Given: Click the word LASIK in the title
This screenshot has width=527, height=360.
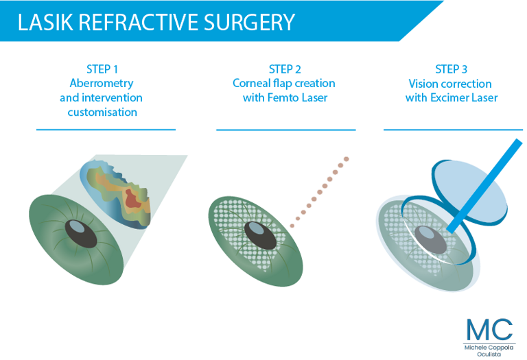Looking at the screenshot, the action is (45, 23).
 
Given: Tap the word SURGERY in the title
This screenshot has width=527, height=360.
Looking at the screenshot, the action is (249, 23).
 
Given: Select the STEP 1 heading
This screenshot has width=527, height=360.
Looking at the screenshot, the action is (102, 69).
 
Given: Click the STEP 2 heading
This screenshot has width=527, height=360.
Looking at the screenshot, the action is (285, 69).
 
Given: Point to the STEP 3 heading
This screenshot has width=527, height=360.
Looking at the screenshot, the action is (451, 69).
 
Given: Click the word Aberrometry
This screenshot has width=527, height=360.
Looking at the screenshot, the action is (102, 83).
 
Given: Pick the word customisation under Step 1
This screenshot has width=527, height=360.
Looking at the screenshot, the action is (102, 112).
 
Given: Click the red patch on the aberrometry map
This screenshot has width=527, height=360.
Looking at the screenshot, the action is (132, 199).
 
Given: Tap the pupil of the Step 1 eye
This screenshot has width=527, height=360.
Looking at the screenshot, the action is (81, 234).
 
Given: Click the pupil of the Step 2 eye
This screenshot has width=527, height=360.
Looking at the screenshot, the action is (260, 235).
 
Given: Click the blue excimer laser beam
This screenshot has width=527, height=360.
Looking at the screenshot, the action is (484, 187).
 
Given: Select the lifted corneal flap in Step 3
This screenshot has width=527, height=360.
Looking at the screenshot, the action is (469, 193).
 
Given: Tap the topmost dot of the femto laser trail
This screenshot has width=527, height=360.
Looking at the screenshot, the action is (346, 159).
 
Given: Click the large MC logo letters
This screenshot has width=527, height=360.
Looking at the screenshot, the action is (489, 329).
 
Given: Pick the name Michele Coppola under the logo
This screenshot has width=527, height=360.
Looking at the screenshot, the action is (489, 348).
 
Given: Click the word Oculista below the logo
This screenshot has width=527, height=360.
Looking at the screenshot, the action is (489, 355).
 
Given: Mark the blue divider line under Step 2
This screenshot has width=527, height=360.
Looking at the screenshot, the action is (286, 130).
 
